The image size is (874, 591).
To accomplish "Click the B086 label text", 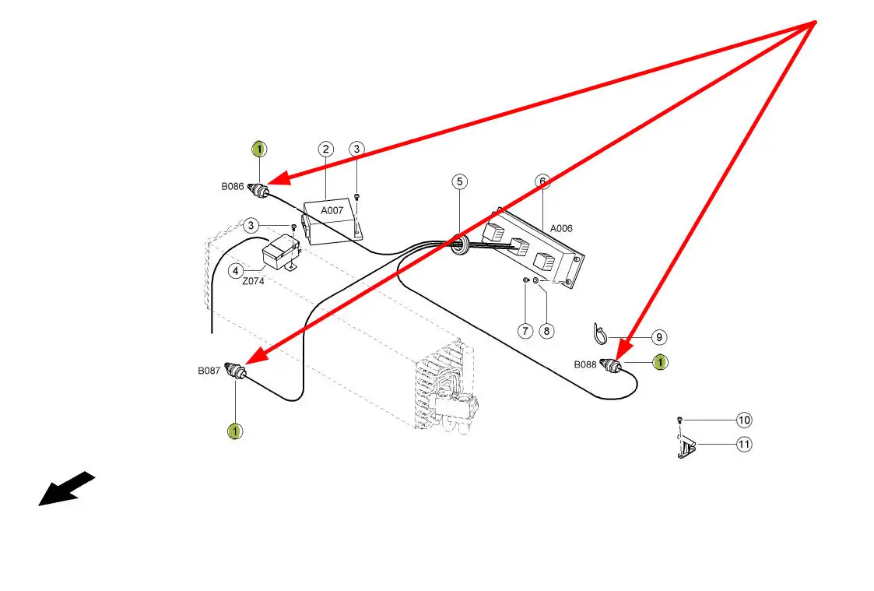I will pyautogui.click(x=232, y=187).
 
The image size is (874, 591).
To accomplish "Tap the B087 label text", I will pyautogui.click(x=209, y=371).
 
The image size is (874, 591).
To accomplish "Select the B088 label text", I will pyautogui.click(x=586, y=364).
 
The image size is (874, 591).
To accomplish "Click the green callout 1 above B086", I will pyautogui.click(x=259, y=149).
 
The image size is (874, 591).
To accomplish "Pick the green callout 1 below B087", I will pyautogui.click(x=234, y=431).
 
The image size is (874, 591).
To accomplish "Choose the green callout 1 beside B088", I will pyautogui.click(x=659, y=361).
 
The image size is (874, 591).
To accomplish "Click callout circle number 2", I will pyautogui.click(x=326, y=149).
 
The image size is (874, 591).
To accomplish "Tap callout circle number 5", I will pyautogui.click(x=460, y=181).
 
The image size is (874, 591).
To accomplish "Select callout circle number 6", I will pyautogui.click(x=542, y=181).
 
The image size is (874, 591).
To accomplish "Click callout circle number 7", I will pyautogui.click(x=525, y=331).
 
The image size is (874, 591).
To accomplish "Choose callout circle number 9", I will pyautogui.click(x=658, y=337).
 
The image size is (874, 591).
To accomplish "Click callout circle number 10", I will pyautogui.click(x=744, y=420).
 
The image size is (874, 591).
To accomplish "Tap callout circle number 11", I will pyautogui.click(x=744, y=445).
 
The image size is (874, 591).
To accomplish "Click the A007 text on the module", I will pyautogui.click(x=332, y=210).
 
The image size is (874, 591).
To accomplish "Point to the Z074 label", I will pyautogui.click(x=253, y=282).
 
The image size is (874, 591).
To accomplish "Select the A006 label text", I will pyautogui.click(x=561, y=229).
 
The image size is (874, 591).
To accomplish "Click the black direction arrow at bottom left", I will pyautogui.click(x=66, y=490).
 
